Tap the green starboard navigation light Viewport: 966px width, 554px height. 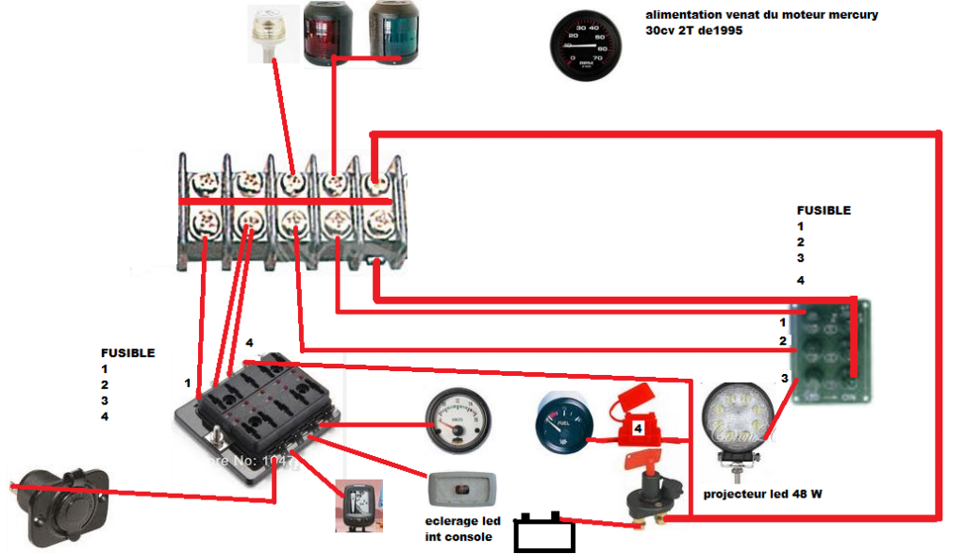(394, 34)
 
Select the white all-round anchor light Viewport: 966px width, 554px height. (274, 34)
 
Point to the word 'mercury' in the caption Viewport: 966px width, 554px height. (849, 15)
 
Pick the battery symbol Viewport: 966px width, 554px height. (543, 533)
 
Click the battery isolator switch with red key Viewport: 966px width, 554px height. (652, 494)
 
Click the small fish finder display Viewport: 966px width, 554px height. (358, 506)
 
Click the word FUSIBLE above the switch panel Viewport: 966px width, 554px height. (824, 211)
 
